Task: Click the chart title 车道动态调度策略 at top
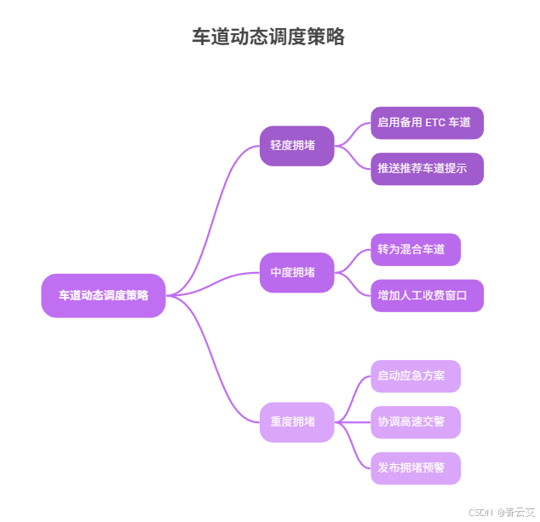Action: pyautogui.click(x=268, y=37)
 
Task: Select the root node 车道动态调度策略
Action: pyautogui.click(x=103, y=295)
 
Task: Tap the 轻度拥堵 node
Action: pyautogui.click(x=296, y=146)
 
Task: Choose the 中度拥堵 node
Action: pyautogui.click(x=296, y=273)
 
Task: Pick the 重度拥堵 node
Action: pyautogui.click(x=296, y=422)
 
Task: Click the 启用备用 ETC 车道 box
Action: pyautogui.click(x=427, y=123)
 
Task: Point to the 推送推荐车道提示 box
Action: pyautogui.click(x=427, y=169)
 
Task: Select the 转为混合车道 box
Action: pyautogui.click(x=416, y=250)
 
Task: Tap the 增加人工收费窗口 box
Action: pyautogui.click(x=427, y=296)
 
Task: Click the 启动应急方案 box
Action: pyautogui.click(x=416, y=376)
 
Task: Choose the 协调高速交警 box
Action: pyautogui.click(x=416, y=422)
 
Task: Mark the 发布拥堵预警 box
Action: pyautogui.click(x=416, y=468)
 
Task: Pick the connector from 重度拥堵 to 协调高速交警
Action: pyautogui.click(x=353, y=422)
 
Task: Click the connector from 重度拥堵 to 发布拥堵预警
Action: pyautogui.click(x=353, y=447)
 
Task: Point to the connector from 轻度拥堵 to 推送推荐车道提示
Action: pyautogui.click(x=353, y=159)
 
